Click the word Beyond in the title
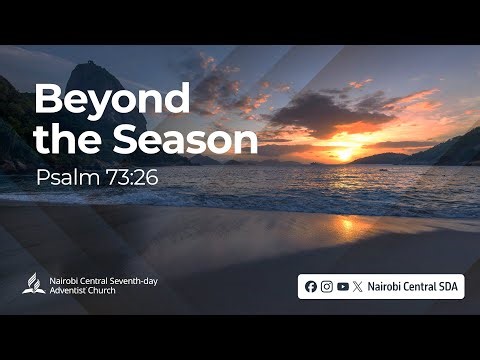click(x=112, y=100)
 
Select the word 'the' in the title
click(x=61, y=141)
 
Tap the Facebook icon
click(x=311, y=286)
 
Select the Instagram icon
click(x=327, y=286)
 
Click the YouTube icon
click(x=343, y=286)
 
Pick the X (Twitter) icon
click(x=358, y=286)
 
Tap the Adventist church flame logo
click(x=32, y=284)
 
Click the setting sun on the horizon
click(x=345, y=155)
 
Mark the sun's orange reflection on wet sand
click(x=350, y=225)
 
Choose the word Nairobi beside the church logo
click(x=64, y=280)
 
